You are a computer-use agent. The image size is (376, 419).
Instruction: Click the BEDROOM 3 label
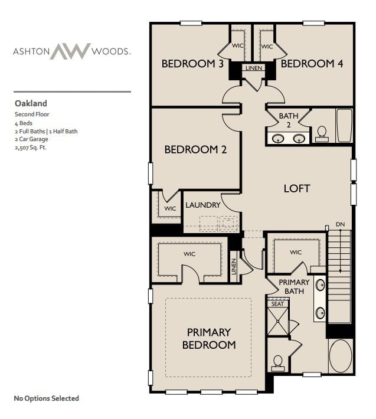tap(192, 64)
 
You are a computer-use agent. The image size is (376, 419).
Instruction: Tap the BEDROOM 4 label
tap(312, 64)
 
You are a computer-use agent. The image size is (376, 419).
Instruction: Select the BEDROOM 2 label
tap(195, 149)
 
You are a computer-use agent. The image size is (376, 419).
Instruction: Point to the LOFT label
tap(296, 188)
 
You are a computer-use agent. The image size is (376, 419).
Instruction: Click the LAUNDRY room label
tap(202, 205)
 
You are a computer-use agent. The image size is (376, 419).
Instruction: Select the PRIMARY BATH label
tap(294, 286)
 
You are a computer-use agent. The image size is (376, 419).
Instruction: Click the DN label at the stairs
tap(340, 225)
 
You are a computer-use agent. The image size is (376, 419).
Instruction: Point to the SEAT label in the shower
tap(277, 303)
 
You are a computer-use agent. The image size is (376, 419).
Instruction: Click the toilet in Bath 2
tap(322, 133)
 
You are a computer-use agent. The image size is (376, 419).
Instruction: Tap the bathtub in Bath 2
tap(344, 125)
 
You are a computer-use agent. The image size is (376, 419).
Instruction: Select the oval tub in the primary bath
tap(340, 356)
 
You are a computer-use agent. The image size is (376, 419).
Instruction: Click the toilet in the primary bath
tap(278, 361)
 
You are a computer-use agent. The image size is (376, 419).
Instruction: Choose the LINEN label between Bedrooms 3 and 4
tap(253, 68)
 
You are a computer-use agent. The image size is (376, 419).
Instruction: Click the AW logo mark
tap(70, 51)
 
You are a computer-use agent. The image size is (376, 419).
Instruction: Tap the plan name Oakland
tap(31, 103)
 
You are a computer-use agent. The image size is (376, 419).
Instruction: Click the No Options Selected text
tap(46, 398)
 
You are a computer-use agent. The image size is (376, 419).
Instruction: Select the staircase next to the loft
tap(339, 274)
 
